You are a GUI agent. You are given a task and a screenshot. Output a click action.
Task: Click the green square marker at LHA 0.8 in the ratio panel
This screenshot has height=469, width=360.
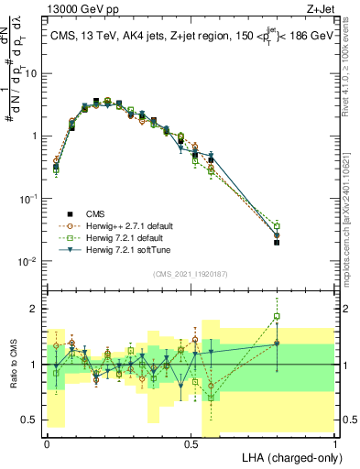[x=278, y=317]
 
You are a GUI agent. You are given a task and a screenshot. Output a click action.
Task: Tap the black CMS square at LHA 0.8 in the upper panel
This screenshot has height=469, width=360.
[x=278, y=243]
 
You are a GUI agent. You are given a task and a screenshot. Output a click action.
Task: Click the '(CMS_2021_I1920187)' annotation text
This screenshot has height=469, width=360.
[x=191, y=273]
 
